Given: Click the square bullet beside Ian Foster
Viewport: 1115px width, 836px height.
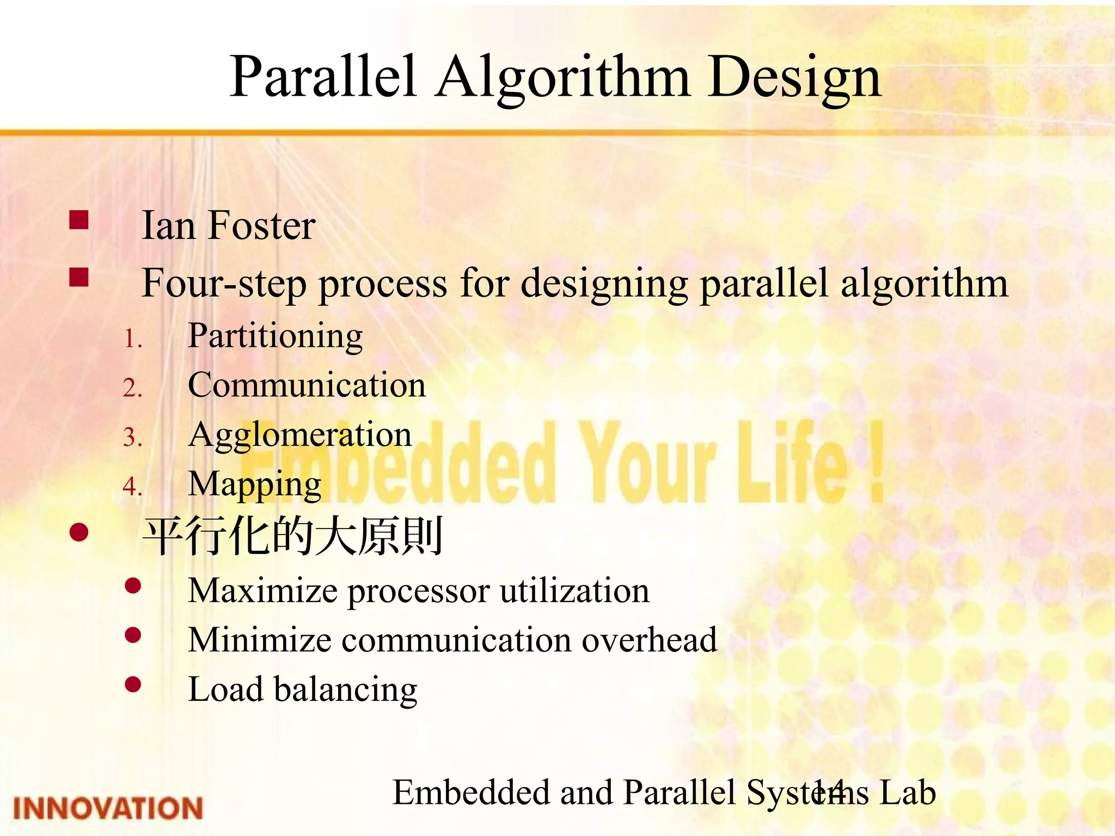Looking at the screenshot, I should point(79,220).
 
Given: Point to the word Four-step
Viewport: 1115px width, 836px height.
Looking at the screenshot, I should point(224,284).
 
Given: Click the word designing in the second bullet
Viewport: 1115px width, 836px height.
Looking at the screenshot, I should point(604,284).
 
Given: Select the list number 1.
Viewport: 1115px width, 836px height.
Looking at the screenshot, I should point(132,340).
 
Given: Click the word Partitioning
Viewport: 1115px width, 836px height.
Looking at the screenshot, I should point(275,336).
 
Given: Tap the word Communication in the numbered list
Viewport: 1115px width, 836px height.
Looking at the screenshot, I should point(307,385).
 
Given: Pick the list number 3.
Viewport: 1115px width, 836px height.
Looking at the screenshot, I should point(132,438).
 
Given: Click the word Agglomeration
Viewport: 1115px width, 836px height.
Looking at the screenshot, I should point(300,435).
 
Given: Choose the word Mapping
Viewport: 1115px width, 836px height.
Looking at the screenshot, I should point(255,484).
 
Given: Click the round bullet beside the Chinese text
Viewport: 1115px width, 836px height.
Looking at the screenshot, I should point(79,532).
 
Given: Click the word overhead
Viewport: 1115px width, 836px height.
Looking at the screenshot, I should point(650,640).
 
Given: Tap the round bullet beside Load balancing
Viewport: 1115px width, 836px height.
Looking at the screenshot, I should point(133,684).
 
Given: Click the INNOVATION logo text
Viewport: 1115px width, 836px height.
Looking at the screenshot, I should point(108,808).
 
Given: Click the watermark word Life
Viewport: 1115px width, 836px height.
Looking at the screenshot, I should point(792,463).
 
